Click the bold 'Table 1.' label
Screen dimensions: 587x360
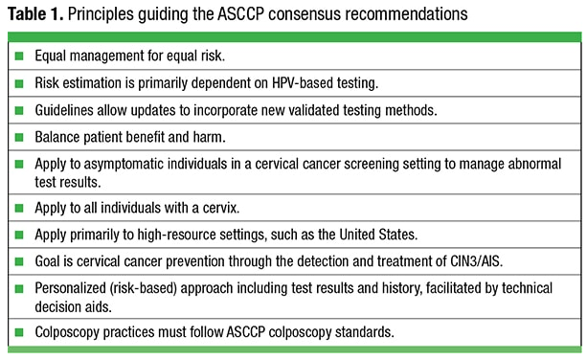click(35, 14)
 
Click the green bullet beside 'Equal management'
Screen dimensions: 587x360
click(19, 56)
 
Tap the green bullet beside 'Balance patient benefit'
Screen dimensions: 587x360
click(19, 137)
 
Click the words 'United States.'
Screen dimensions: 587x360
click(378, 235)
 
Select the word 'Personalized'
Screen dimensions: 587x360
click(70, 288)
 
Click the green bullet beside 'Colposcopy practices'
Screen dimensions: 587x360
click(19, 332)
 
